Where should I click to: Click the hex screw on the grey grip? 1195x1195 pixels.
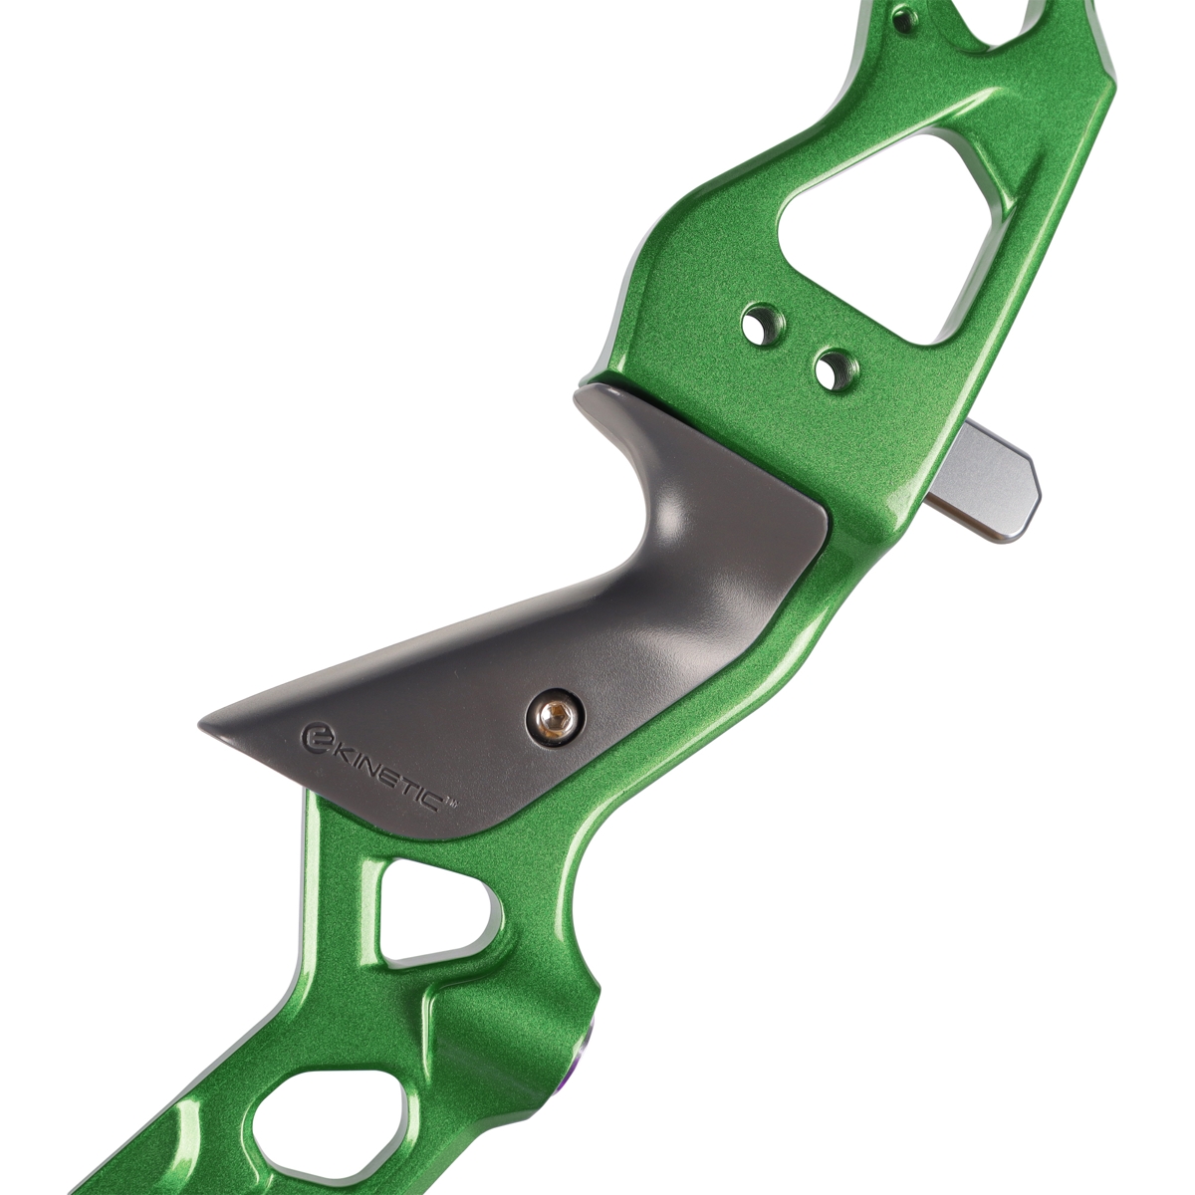[x=555, y=717]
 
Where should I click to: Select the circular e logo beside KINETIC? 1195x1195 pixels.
[x=316, y=736]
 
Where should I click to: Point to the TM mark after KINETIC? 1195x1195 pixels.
[x=453, y=803]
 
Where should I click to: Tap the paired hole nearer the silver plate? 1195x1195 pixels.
[x=836, y=370]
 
